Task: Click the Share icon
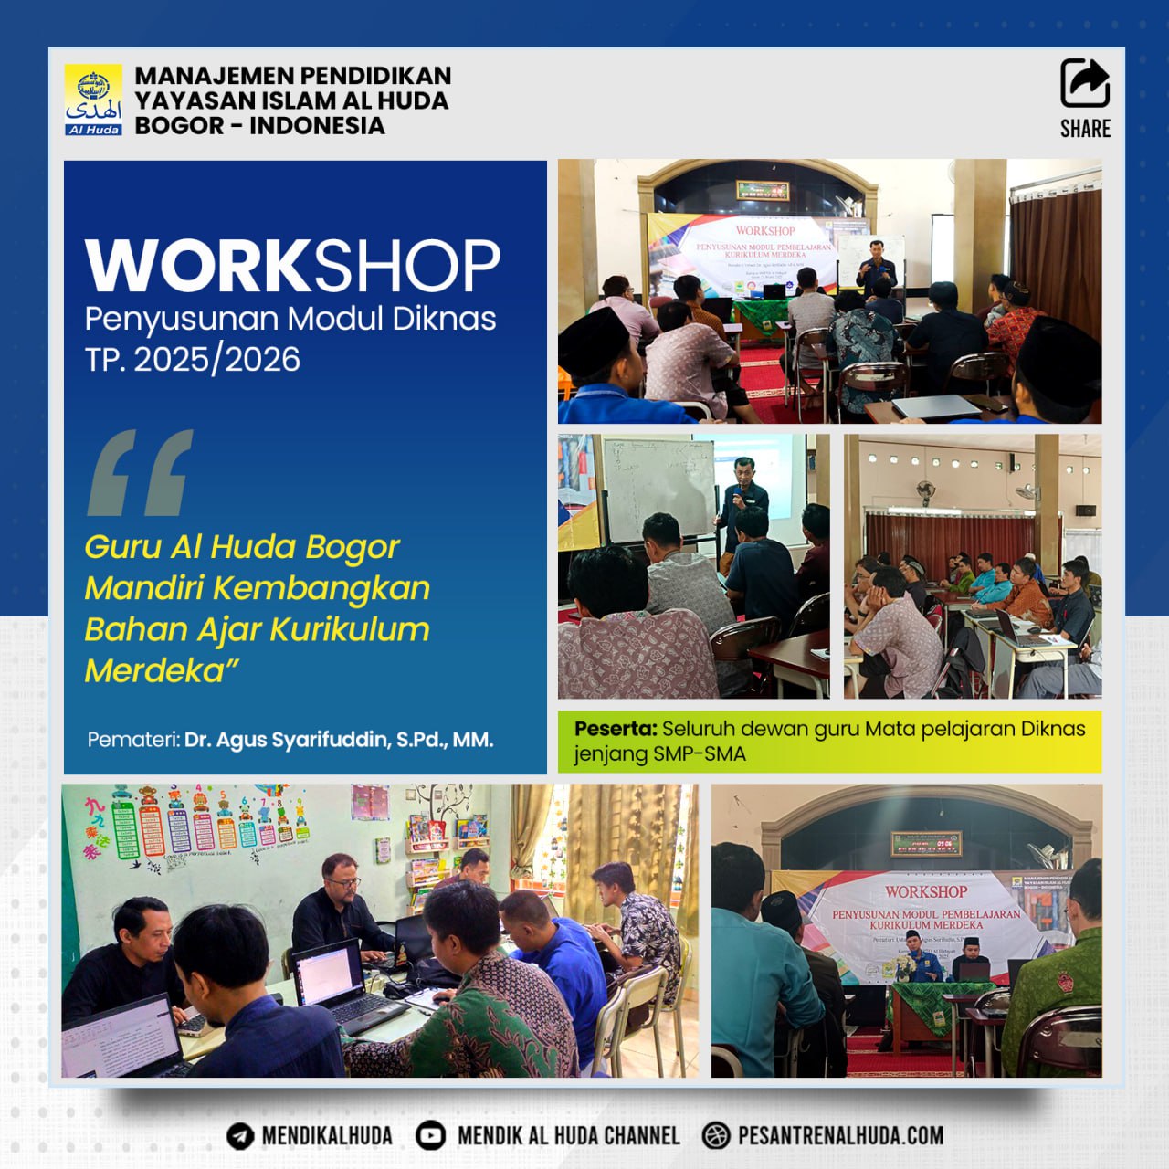point(1085,84)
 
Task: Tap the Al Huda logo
point(93,100)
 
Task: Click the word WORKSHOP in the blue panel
point(292,266)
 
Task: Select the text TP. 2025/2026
point(193,359)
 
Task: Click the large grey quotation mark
point(140,472)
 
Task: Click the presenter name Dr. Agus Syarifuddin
point(338,740)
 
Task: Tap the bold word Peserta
point(616,729)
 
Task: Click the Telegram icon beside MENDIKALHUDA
point(240,1135)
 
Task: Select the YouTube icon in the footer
point(431,1135)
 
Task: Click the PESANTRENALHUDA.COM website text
point(840,1135)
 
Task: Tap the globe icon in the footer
point(717,1135)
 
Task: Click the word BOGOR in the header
point(179,125)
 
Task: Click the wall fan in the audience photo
point(926,489)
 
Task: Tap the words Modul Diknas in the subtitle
point(392,319)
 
